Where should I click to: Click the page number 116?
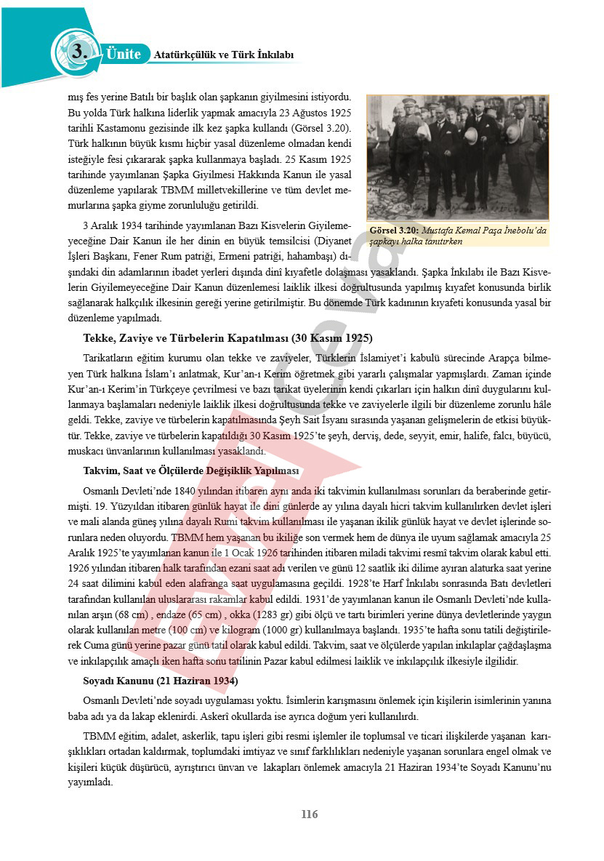pyautogui.click(x=310, y=814)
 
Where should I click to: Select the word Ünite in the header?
pyautogui.click(x=123, y=54)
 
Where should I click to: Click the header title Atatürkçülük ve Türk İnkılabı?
pyautogui.click(x=224, y=55)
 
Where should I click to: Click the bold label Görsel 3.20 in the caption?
pyautogui.click(x=393, y=230)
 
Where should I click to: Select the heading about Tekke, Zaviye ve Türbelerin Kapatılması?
pyautogui.click(x=228, y=338)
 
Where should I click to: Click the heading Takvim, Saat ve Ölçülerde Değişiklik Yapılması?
pyautogui.click(x=191, y=471)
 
